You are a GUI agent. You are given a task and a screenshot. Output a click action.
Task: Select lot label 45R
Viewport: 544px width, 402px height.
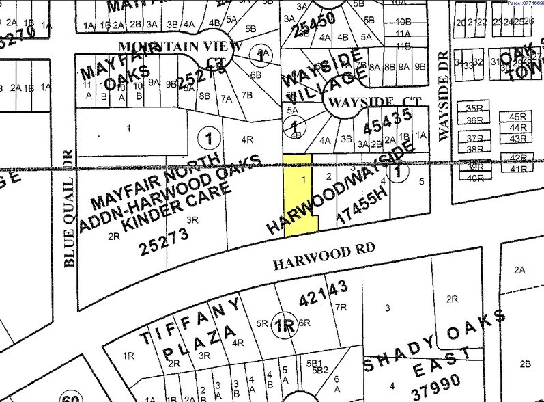coord(518,116)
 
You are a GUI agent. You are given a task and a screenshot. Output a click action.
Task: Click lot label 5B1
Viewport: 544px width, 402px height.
coord(315,362)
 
